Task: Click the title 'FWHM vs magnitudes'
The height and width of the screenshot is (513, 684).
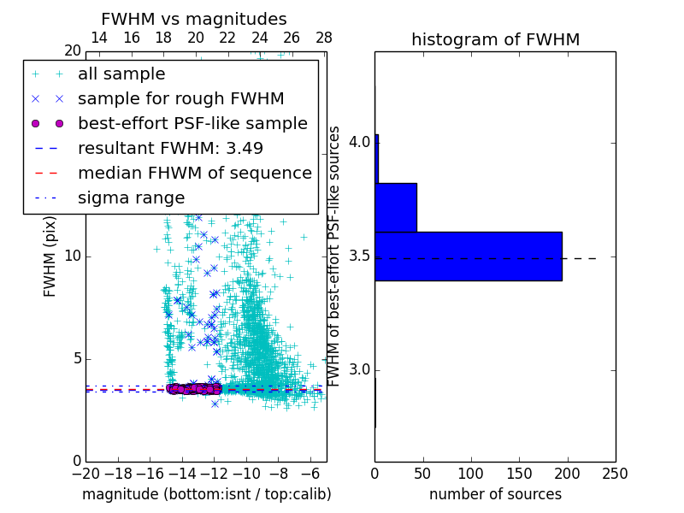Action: coord(193,19)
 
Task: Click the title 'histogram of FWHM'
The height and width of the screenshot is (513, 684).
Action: coord(495,39)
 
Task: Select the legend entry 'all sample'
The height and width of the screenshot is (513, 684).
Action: coord(121,74)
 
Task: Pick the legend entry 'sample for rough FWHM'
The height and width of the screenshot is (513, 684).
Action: coord(180,99)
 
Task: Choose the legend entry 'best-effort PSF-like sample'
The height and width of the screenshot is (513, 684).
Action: coord(192,123)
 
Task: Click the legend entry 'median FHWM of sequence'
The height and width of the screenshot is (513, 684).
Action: coord(194,173)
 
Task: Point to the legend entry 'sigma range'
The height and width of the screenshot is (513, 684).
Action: coord(131,198)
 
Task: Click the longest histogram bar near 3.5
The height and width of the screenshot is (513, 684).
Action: coord(468,256)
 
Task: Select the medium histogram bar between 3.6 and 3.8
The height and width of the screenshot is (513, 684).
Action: coord(395,207)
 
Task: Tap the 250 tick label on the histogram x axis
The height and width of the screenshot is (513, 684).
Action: coord(615,473)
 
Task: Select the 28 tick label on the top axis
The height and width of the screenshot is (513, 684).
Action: coord(324,38)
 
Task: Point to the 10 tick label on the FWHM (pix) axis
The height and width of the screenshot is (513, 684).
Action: coord(73,256)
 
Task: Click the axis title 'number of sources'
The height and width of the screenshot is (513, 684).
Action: coord(495,494)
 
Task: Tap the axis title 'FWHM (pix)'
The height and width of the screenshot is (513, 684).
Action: coord(50,256)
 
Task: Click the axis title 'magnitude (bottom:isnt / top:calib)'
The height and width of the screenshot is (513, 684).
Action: coord(206,494)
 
